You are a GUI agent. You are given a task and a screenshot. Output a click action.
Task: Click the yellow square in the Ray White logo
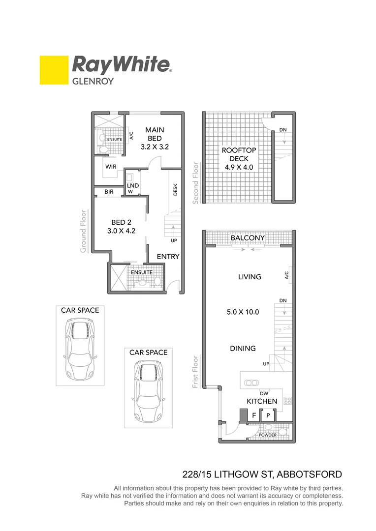coord(54,70)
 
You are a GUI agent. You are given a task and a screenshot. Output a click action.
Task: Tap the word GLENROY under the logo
coord(93,81)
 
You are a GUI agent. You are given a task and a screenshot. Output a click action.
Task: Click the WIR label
coord(110,167)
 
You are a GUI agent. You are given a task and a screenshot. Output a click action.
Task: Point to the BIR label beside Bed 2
coord(108,191)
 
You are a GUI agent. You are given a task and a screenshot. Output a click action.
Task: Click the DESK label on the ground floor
coord(175,190)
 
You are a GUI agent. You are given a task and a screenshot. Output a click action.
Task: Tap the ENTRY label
coord(168,257)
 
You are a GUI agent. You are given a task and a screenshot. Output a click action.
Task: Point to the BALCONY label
coord(248,238)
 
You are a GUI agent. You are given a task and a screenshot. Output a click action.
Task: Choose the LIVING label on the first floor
coord(249,277)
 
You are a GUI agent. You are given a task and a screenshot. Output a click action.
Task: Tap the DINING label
coord(243,348)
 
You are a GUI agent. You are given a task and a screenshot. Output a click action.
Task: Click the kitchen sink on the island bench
coord(252,383)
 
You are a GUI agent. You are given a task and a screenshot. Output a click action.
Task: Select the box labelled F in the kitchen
coord(254,415)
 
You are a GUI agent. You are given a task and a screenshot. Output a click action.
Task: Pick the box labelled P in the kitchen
coord(268,415)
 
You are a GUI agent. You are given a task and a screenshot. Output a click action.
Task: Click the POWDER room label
coord(267,435)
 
